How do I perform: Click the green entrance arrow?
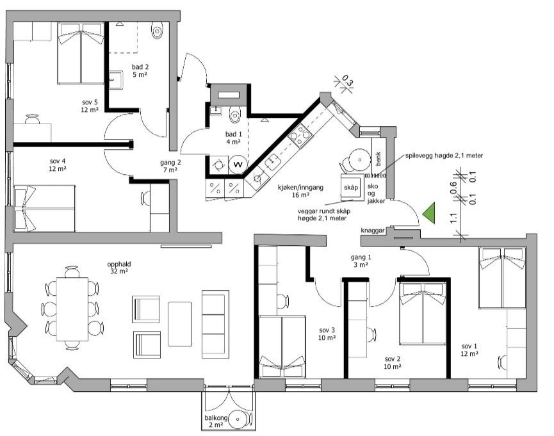430,213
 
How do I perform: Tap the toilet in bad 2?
157,30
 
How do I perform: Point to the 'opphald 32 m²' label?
117,268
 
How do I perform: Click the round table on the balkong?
238,419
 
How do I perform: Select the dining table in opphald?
72,309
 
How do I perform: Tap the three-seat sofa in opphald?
215,325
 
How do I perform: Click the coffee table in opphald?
180,324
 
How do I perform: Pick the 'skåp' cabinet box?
351,187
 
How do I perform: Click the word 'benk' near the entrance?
378,159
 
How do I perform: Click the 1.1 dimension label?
454,218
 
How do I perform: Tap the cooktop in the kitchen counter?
300,136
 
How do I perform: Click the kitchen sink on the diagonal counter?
272,162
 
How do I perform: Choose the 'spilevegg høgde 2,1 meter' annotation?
444,156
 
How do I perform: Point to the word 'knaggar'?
372,230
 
